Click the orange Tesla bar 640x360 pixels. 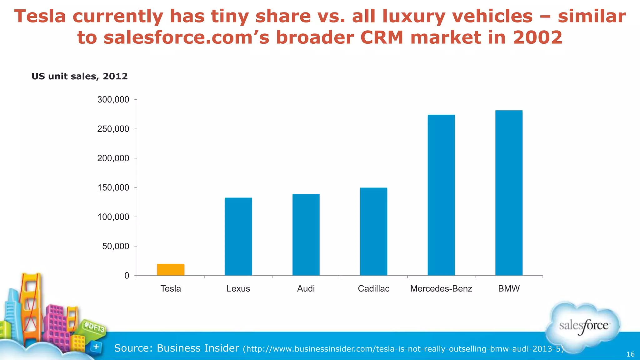point(171,270)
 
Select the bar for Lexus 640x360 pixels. point(238,237)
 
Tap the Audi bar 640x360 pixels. point(306,235)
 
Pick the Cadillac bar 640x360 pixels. point(373,232)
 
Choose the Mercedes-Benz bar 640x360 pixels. point(441,195)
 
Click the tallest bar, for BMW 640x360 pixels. point(509,193)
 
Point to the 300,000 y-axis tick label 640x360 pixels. point(113,100)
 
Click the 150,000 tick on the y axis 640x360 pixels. point(113,187)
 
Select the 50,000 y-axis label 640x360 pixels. point(115,246)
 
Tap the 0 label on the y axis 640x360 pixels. point(127,276)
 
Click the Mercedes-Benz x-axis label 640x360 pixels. point(441,288)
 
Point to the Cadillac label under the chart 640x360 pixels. point(373,288)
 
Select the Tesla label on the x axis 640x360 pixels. point(171,288)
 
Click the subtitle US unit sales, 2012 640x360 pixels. point(80,76)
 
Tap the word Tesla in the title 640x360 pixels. point(40,16)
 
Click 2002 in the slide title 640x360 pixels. point(537,37)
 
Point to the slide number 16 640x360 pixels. point(630,354)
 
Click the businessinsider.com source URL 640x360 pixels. point(403,349)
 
